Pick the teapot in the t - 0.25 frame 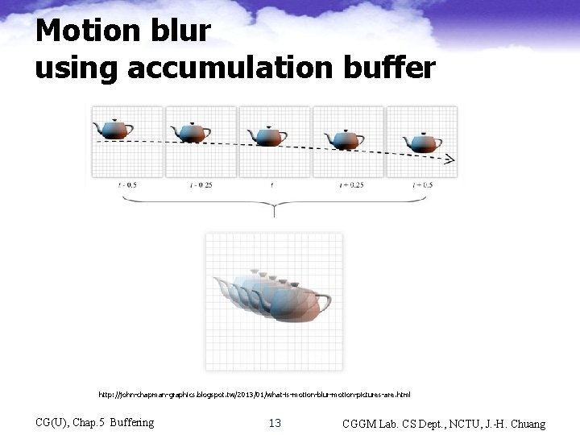(x=190, y=131)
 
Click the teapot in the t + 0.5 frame (x=422, y=143)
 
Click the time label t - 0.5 (x=126, y=184)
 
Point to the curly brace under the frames (x=275, y=205)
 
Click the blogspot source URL (x=255, y=395)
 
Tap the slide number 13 (x=275, y=423)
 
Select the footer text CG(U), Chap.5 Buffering (x=95, y=422)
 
